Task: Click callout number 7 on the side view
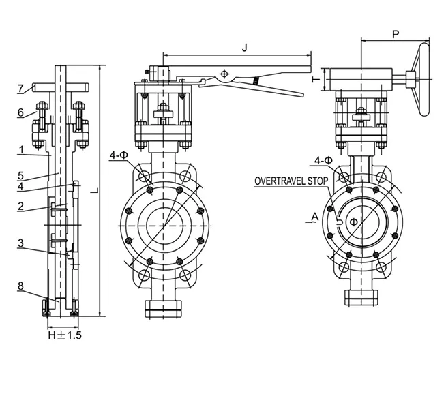(20, 88)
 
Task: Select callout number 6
(20, 112)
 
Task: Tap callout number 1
(20, 149)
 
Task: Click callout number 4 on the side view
(20, 185)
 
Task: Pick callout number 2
(20, 206)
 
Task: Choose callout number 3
(20, 243)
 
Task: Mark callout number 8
(20, 288)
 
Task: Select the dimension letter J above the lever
(243, 47)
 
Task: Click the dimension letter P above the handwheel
(396, 33)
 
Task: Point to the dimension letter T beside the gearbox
(315, 80)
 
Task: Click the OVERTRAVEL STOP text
(291, 182)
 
